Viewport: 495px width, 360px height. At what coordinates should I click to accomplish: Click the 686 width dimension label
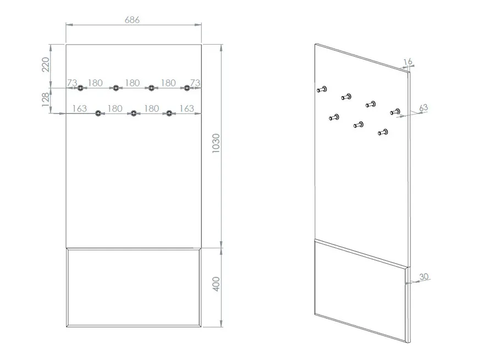132,20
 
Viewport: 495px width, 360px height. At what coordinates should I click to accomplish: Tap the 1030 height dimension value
216,144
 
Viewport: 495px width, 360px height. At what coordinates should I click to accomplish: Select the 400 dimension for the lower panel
216,284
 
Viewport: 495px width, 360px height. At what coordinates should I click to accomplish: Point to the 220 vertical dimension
46,64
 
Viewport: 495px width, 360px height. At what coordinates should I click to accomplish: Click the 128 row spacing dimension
46,100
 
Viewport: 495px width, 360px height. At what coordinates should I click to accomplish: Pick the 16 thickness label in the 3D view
408,61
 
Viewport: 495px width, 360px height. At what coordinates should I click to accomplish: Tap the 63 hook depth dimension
424,108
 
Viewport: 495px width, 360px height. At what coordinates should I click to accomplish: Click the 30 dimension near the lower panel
424,276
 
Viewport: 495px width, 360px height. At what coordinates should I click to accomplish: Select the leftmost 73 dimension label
72,83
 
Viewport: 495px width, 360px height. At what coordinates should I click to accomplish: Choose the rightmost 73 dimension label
195,83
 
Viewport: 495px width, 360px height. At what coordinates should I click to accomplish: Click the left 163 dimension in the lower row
79,108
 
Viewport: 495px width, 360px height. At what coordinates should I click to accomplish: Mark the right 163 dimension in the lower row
186,108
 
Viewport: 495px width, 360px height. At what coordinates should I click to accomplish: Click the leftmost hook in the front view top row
80,88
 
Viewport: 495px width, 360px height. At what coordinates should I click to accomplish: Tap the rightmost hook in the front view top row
187,88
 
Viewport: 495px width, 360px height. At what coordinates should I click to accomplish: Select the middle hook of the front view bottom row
134,113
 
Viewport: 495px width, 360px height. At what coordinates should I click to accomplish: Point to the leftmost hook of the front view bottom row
98,113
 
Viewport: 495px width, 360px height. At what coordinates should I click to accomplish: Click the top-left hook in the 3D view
322,89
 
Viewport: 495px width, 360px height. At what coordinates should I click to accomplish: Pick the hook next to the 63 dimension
395,112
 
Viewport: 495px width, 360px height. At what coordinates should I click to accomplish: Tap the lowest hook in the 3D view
383,132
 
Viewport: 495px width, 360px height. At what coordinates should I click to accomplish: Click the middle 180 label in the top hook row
132,83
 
